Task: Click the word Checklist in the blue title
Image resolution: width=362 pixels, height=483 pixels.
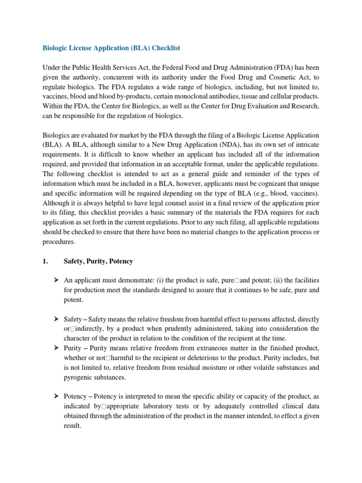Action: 164,48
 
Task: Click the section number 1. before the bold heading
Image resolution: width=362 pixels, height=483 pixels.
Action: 46,261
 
